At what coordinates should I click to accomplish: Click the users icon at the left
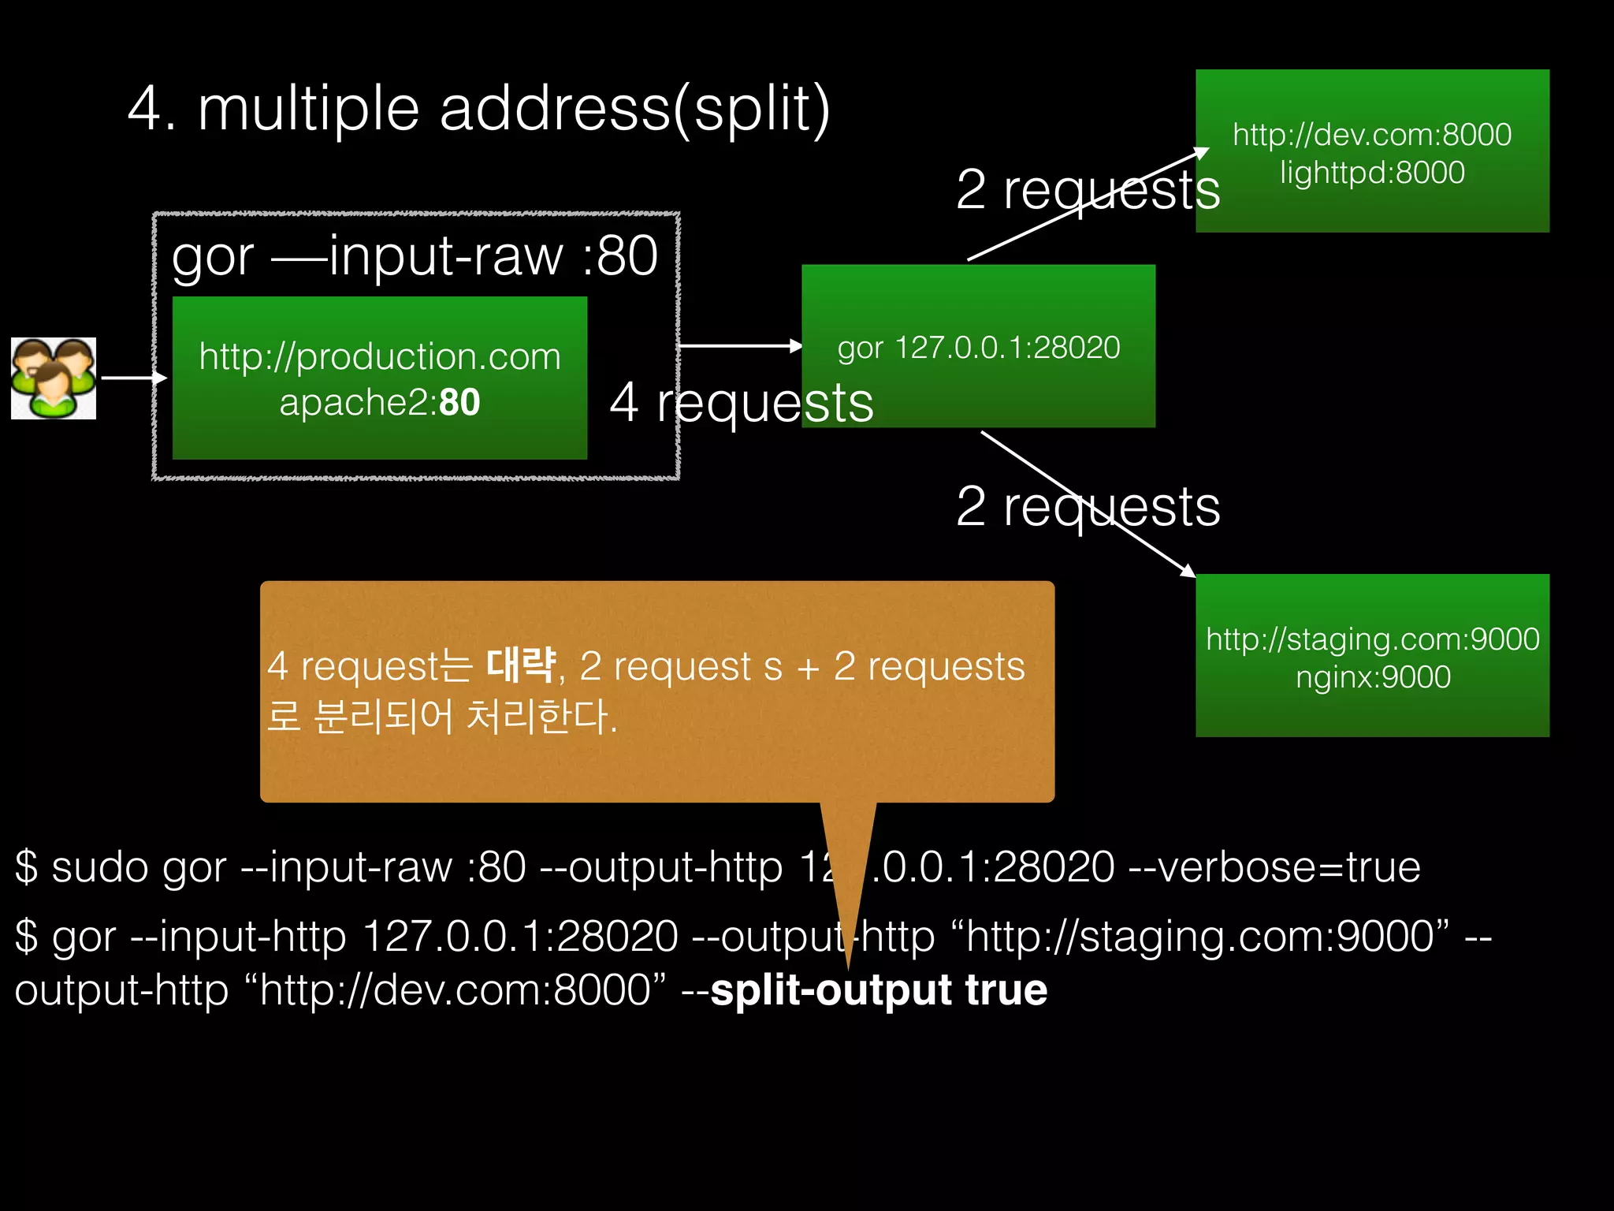54,378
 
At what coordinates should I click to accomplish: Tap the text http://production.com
380,356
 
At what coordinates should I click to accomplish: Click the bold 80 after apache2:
459,402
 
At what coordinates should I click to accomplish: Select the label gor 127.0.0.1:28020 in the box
978,348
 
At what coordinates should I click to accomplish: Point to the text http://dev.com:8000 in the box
1371,135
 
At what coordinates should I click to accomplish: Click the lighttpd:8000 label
1371,173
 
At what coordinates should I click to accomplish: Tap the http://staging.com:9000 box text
1372,639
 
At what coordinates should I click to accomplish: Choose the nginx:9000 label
1372,677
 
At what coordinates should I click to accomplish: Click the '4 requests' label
741,402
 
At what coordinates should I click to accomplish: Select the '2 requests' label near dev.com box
1088,190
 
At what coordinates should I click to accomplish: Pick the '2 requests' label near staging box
1088,506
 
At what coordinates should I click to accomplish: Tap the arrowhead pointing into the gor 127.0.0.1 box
795,345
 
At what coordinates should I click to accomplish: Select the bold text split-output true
879,990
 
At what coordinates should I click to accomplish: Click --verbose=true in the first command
1274,867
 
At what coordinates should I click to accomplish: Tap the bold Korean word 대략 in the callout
521,665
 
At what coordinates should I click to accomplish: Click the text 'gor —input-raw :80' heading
415,256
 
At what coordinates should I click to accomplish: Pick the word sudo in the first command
99,867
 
